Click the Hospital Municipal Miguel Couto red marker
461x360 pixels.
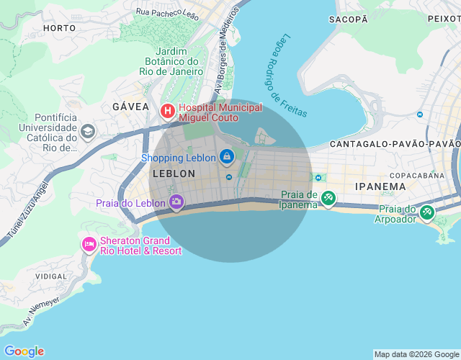(167, 111)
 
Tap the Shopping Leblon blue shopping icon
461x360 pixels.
(227, 156)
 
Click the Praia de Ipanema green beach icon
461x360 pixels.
(328, 197)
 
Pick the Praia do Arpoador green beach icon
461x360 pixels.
(427, 212)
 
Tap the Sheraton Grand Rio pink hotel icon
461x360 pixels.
(89, 245)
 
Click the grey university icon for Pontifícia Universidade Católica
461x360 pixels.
(88, 131)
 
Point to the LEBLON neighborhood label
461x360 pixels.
(174, 174)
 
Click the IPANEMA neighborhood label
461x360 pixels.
(380, 186)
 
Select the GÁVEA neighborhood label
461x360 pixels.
(130, 107)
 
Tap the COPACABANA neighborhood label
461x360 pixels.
(418, 175)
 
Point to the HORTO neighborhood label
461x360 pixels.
(59, 28)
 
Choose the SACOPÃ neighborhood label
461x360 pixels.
(348, 19)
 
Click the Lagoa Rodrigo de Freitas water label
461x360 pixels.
(286, 75)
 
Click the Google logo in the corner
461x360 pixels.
(24, 351)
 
